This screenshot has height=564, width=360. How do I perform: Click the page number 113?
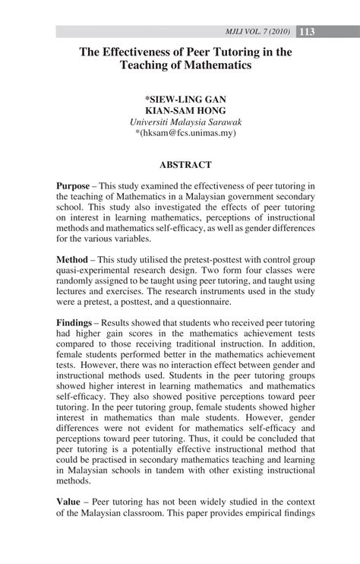pyautogui.click(x=308, y=31)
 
